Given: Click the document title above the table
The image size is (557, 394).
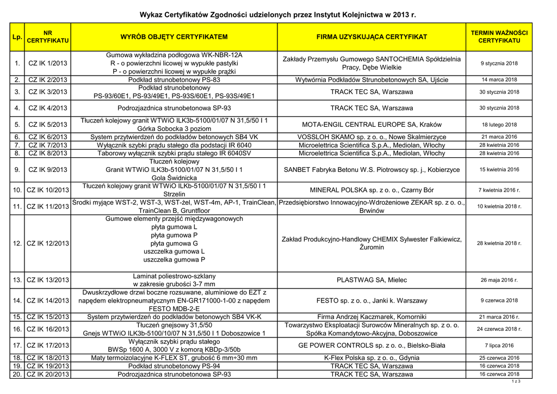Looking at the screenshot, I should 278,14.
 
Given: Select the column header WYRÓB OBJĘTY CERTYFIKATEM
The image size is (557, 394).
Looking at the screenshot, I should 174,37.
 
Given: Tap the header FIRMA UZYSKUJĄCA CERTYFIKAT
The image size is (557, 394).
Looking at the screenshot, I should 372,37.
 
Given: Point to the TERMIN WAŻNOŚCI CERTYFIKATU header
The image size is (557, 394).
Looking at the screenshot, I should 499,37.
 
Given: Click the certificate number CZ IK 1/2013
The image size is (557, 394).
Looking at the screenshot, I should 48,64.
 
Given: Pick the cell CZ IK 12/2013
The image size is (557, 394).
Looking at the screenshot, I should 48,243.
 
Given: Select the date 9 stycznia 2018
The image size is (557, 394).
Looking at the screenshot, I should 499,64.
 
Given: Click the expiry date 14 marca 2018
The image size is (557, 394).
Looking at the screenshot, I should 499,80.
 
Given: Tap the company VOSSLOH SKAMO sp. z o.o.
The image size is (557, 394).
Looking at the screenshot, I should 372,137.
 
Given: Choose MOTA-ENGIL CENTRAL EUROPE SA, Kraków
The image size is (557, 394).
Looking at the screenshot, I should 372,125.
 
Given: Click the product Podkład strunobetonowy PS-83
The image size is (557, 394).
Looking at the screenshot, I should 174,80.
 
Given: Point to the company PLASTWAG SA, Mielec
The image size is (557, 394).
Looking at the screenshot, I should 372,280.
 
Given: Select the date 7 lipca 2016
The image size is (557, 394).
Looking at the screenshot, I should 499,346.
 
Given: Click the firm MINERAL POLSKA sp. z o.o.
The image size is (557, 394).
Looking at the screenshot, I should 372,190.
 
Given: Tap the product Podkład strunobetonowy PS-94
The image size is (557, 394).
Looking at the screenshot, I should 174,366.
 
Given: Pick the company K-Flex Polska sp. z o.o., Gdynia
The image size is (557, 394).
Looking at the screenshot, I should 372,358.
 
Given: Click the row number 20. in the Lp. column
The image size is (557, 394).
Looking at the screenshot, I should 17,375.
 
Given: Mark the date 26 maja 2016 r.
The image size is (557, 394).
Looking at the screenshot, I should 499,280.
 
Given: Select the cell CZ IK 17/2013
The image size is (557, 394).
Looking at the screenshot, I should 48,346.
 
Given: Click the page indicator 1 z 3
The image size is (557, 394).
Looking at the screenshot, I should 516,382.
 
